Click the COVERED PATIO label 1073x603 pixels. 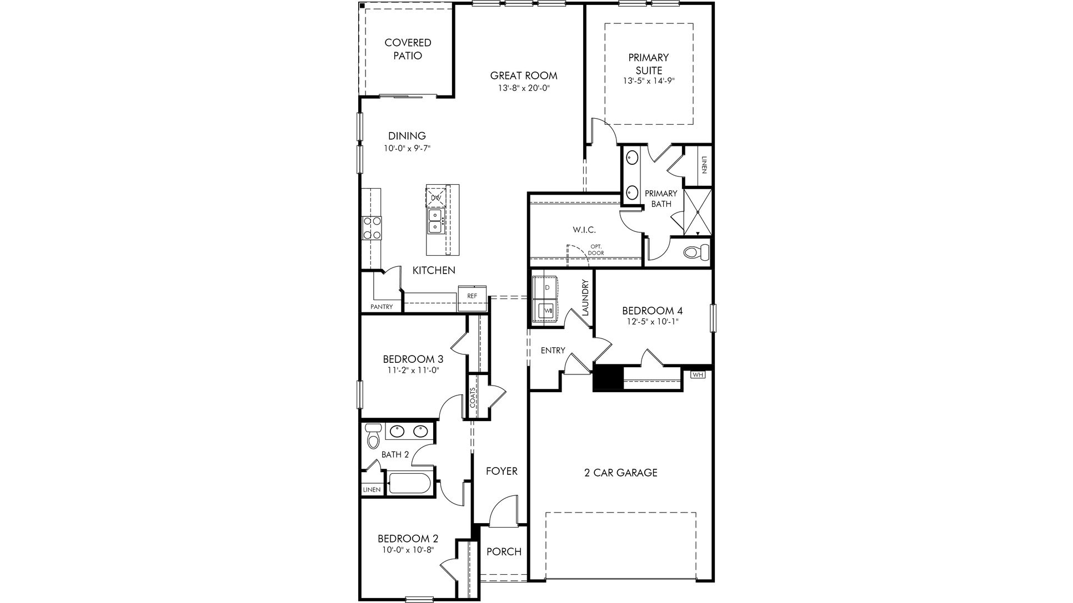tap(408, 49)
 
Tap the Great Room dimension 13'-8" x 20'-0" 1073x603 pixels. tap(523, 88)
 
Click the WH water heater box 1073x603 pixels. tap(698, 375)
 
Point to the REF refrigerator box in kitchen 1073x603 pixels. tap(472, 296)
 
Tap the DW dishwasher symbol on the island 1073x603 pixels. tap(436, 197)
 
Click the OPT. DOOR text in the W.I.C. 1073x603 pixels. tap(596, 250)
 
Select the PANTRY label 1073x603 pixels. tap(382, 307)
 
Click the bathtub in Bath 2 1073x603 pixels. tap(410, 483)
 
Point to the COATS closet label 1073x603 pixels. tap(473, 397)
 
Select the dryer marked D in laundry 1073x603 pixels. tap(546, 287)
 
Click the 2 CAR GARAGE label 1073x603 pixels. tap(620, 473)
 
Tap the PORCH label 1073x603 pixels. tap(504, 552)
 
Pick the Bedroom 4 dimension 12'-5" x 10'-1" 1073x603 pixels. tap(651, 321)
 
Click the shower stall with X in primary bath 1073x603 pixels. tap(698, 212)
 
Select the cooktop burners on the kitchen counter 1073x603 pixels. tap(372, 228)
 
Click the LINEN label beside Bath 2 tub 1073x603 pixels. tap(372, 490)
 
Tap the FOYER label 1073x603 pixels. tap(502, 471)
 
